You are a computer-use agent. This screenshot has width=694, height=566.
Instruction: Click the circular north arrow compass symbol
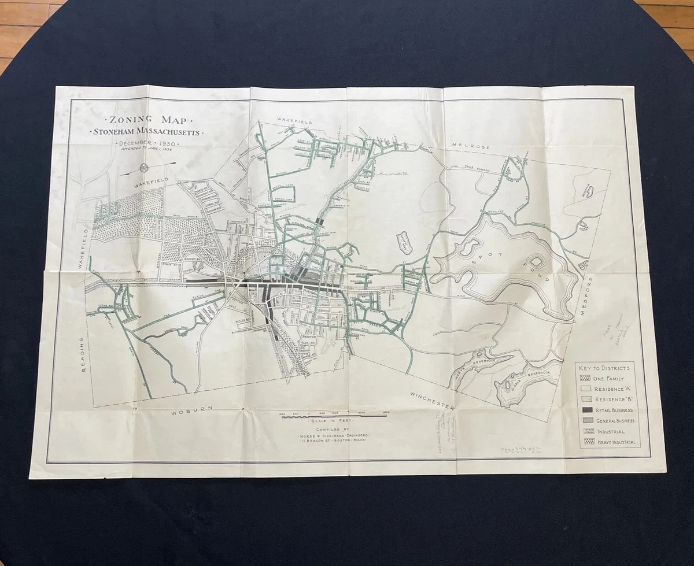tap(143, 168)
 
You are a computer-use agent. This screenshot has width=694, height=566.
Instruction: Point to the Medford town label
tap(590, 295)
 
